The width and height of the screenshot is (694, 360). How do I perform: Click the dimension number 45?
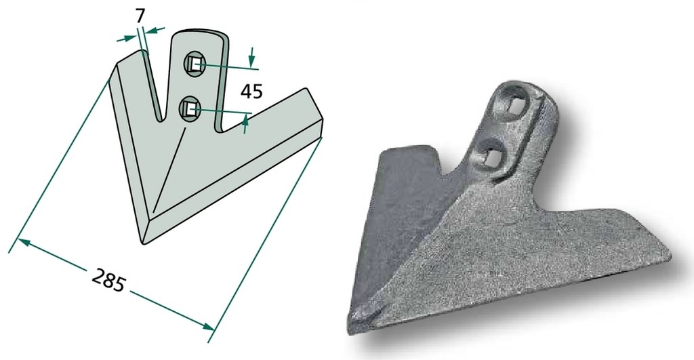tap(251, 92)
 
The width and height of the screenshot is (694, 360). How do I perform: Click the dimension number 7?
tap(140, 16)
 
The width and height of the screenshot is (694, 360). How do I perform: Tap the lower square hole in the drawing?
tap(190, 108)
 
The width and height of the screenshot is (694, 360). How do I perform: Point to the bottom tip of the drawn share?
tap(144, 242)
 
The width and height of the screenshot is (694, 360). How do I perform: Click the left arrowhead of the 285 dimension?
tap(23, 242)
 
